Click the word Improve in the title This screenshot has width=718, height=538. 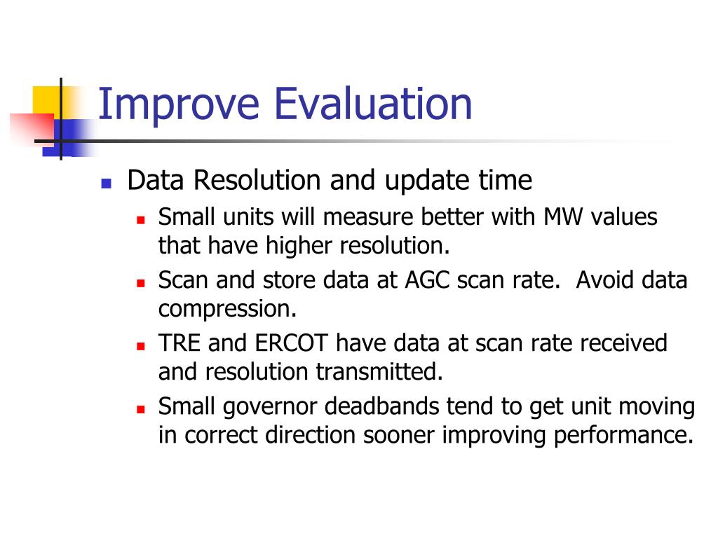(179, 106)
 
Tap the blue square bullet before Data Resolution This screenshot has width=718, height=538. (107, 184)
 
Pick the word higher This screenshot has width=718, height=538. (299, 246)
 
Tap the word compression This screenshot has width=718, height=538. (227, 310)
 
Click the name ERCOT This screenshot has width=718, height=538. (291, 343)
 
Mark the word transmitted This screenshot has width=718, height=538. (379, 371)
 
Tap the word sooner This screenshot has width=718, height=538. (398, 436)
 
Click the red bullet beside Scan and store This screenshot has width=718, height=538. (140, 283)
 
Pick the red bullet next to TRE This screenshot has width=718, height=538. (140, 346)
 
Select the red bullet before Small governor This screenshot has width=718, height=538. (140, 409)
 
